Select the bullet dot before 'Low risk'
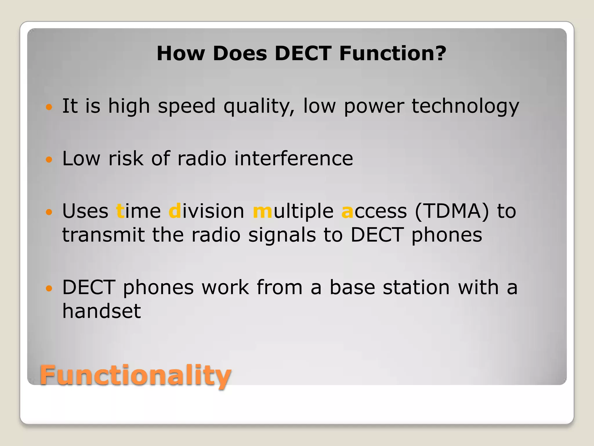(x=49, y=159)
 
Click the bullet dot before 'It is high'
(x=49, y=107)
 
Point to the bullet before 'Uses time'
(x=49, y=212)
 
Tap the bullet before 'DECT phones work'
(x=49, y=288)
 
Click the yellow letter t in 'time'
(x=120, y=211)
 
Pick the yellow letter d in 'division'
(x=175, y=211)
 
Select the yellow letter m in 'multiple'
(x=262, y=211)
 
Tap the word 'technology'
(x=465, y=106)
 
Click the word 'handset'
(x=102, y=311)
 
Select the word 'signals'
(x=282, y=235)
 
